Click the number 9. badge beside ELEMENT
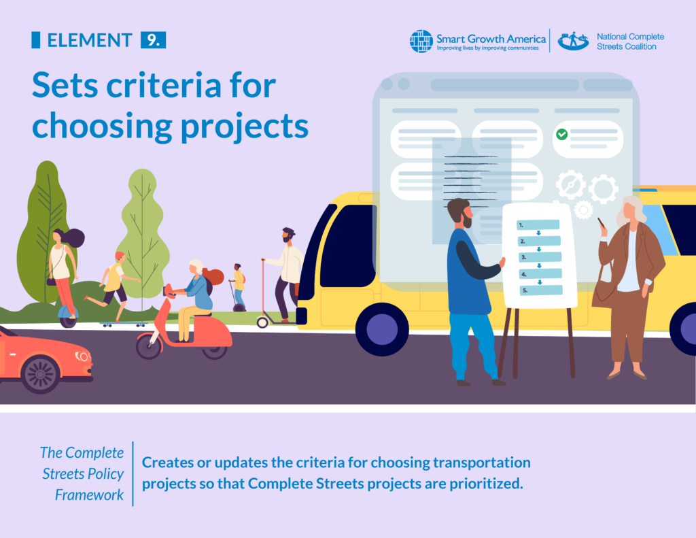pos(153,40)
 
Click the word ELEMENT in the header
pos(89,40)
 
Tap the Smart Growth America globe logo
pos(421,41)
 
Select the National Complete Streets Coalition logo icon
pos(573,41)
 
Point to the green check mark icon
pos(561,135)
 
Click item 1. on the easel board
pos(537,224)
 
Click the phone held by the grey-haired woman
pos(601,222)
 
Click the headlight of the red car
pos(83,356)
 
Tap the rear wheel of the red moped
pos(148,346)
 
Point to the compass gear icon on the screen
pos(570,184)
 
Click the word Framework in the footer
pos(90,494)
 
